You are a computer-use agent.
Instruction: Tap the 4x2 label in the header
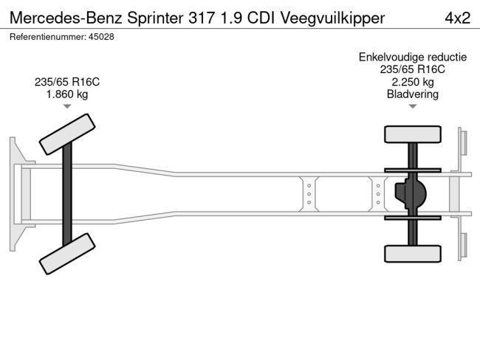pyautogui.click(x=456, y=17)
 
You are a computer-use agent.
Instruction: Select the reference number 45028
pyautogui.click(x=102, y=37)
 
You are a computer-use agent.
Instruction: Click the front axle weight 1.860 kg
pyautogui.click(x=67, y=94)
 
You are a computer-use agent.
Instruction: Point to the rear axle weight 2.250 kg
pyautogui.click(x=412, y=82)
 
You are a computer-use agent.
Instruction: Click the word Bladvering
pyautogui.click(x=412, y=94)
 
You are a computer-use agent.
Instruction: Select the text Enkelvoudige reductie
pyautogui.click(x=412, y=57)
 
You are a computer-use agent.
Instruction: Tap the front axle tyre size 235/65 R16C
pyautogui.click(x=67, y=81)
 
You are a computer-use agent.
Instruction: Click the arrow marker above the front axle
pyautogui.click(x=67, y=107)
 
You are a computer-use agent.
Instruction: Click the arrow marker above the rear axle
pyautogui.click(x=412, y=107)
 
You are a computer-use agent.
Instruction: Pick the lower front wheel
pyautogui.click(x=67, y=253)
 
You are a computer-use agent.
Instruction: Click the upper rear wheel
pyautogui.click(x=412, y=134)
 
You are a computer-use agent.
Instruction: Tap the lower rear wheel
pyautogui.click(x=412, y=253)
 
